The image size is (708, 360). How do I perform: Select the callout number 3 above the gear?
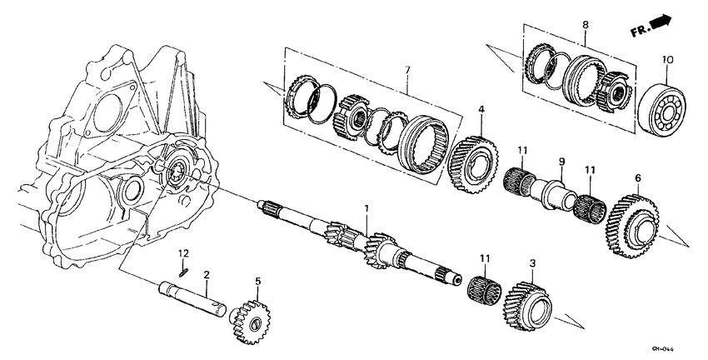click(532, 263)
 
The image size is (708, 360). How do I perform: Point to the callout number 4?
click(481, 109)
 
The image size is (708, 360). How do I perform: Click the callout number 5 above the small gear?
click(257, 282)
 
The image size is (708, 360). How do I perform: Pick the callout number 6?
click(638, 177)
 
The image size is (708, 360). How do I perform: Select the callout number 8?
click(585, 26)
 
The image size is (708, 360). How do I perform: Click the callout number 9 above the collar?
click(561, 161)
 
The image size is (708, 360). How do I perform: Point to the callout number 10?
click(666, 59)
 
